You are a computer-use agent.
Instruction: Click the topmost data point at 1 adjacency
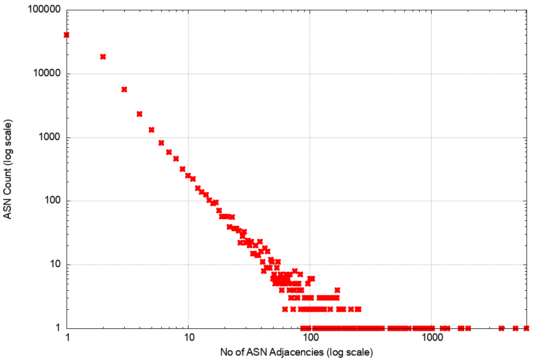(x=66, y=35)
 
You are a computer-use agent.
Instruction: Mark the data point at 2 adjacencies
(x=103, y=57)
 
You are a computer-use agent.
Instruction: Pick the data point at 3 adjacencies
(x=124, y=89)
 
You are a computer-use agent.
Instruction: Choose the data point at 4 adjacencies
(x=140, y=114)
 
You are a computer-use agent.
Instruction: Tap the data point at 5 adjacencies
(x=152, y=130)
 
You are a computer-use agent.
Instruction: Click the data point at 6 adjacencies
(x=161, y=143)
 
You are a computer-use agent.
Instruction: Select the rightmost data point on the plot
(x=526, y=328)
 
